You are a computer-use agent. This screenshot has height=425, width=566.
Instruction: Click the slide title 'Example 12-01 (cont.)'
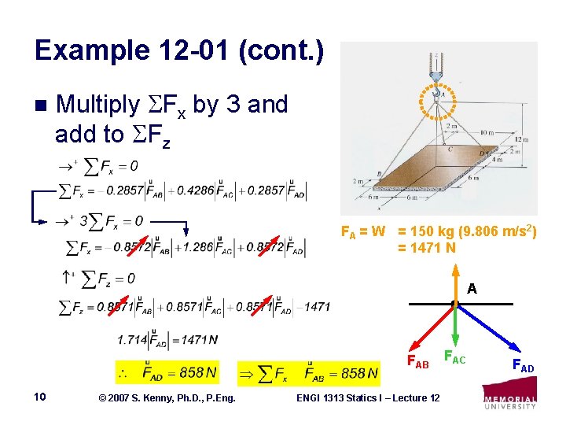178,51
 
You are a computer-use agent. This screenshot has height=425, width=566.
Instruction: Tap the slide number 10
41,397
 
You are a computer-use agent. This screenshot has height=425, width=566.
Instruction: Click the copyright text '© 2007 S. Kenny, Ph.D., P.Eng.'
156,398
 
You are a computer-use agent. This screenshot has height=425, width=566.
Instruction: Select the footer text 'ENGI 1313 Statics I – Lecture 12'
368,398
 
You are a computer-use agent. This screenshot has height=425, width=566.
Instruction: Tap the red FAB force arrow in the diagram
430,328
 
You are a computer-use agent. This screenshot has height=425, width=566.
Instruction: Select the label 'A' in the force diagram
472,289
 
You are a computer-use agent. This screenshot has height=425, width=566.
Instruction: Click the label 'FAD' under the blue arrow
523,366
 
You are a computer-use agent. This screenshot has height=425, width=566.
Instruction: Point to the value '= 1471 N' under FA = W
427,248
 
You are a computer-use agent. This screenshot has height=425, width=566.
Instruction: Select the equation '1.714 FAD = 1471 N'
167,339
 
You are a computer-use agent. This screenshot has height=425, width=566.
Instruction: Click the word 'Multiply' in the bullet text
98,104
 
